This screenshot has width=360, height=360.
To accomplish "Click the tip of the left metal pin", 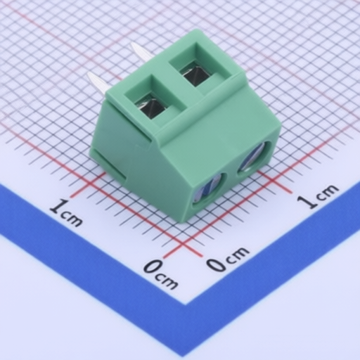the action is coord(89,74).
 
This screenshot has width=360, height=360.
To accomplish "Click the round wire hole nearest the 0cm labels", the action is coord(208,191).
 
